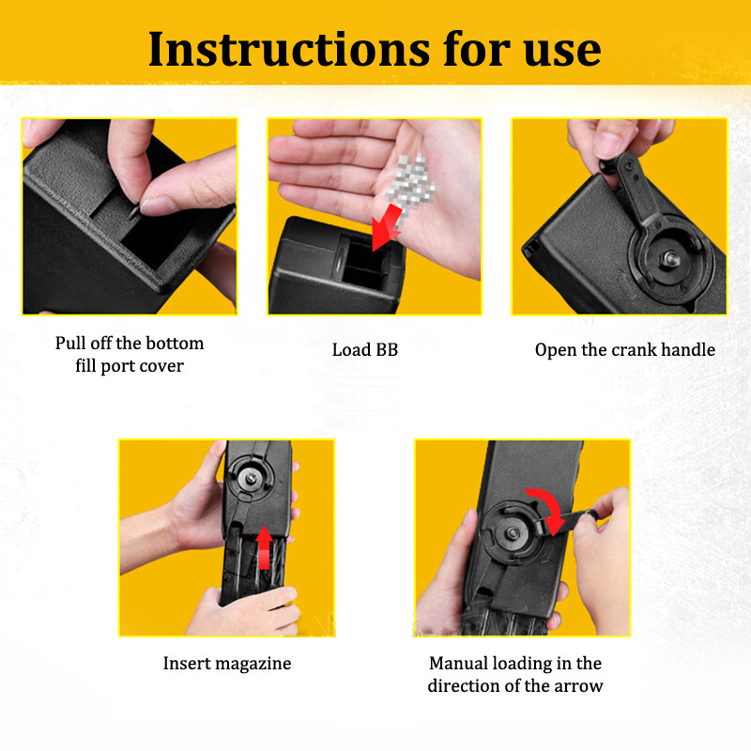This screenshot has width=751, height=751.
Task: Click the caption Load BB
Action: (365, 350)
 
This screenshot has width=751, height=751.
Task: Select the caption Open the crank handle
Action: (624, 350)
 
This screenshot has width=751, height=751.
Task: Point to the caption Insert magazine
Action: (227, 664)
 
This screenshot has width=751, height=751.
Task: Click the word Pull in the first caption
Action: (72, 343)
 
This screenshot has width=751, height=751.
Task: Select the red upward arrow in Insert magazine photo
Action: (266, 549)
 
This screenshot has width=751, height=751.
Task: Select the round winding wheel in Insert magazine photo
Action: (251, 476)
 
